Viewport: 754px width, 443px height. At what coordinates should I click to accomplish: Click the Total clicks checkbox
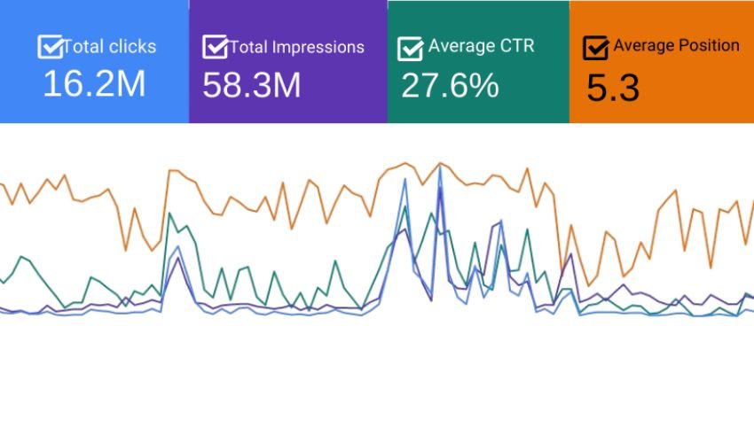click(x=51, y=47)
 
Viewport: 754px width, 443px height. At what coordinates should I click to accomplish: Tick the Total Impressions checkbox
click(x=216, y=47)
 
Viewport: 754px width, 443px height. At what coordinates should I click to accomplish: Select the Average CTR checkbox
click(x=411, y=48)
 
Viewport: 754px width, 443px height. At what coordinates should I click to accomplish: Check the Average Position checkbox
click(x=596, y=48)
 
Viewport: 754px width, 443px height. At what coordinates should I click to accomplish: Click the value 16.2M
click(x=94, y=84)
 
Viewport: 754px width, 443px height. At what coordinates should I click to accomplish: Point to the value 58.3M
click(x=252, y=85)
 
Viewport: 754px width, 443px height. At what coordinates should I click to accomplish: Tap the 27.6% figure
click(x=450, y=86)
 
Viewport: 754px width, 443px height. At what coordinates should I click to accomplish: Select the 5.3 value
click(x=613, y=88)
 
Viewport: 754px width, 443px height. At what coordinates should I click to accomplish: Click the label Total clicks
click(x=109, y=47)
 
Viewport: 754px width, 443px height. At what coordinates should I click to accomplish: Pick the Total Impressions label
click(x=296, y=47)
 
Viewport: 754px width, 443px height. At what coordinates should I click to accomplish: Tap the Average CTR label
click(x=481, y=46)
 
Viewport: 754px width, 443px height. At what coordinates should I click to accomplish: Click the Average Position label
click(x=676, y=45)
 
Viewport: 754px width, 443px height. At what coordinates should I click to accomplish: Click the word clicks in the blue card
click(x=130, y=47)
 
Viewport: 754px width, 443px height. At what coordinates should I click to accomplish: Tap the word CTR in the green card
click(x=519, y=46)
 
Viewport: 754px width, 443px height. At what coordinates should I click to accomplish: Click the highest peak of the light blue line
click(x=439, y=166)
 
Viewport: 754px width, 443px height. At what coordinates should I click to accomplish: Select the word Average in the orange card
click(x=642, y=45)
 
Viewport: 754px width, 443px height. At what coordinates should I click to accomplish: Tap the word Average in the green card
click(x=456, y=46)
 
